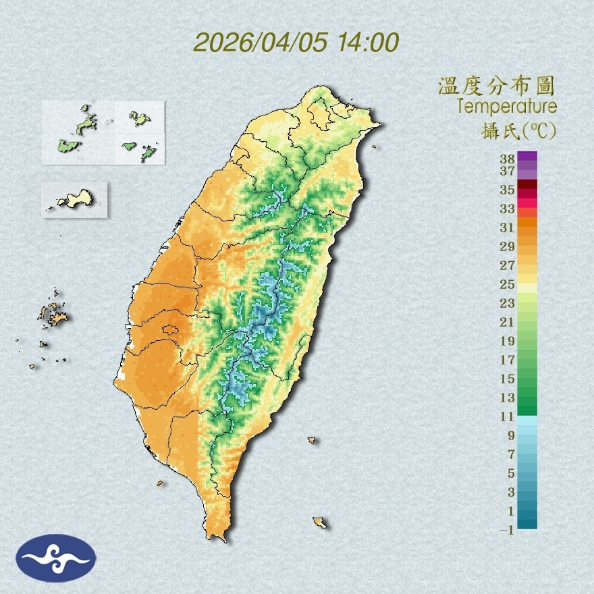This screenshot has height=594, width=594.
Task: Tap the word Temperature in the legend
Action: [507, 107]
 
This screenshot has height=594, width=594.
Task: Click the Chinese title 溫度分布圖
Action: [497, 86]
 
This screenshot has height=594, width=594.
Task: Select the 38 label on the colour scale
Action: [508, 159]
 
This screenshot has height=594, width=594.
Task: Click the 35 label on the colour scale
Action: [508, 190]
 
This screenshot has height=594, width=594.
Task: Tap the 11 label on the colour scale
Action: [508, 416]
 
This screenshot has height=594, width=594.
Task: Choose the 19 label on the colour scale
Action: [508, 341]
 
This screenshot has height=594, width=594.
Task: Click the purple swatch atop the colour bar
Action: [528, 156]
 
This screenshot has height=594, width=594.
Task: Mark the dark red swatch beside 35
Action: [528, 184]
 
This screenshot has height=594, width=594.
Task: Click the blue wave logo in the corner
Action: [57, 558]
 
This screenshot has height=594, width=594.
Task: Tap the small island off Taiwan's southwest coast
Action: [160, 483]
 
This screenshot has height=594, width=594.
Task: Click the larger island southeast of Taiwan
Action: [319, 522]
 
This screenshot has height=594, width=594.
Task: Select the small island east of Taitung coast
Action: [312, 441]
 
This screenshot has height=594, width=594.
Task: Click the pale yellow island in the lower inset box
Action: [75, 198]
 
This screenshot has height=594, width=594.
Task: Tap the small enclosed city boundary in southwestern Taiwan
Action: [170, 330]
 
